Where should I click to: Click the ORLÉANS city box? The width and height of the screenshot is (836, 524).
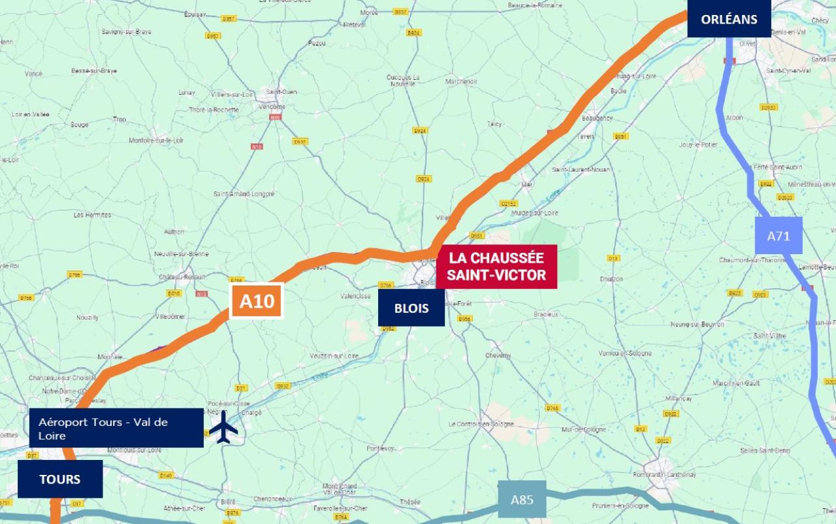(x=729, y=19)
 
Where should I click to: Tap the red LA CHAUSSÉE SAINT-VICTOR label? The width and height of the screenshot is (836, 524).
(x=496, y=267)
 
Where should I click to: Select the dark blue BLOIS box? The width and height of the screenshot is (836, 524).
(x=411, y=307)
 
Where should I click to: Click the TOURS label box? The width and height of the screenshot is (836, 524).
(x=60, y=479)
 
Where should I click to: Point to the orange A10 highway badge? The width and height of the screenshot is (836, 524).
(x=257, y=301)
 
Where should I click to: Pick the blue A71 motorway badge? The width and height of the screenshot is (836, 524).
(x=779, y=236)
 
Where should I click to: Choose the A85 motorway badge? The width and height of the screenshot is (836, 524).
(x=522, y=500)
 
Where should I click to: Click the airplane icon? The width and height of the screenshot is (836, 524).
(x=224, y=427)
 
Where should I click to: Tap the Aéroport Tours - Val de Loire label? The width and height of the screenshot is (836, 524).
(x=116, y=429)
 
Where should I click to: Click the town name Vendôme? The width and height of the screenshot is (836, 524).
(x=272, y=107)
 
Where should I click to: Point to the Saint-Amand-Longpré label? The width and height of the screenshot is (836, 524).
(x=244, y=194)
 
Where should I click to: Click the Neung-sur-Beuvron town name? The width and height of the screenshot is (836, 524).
(x=698, y=324)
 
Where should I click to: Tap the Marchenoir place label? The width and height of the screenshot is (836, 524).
(x=461, y=82)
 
